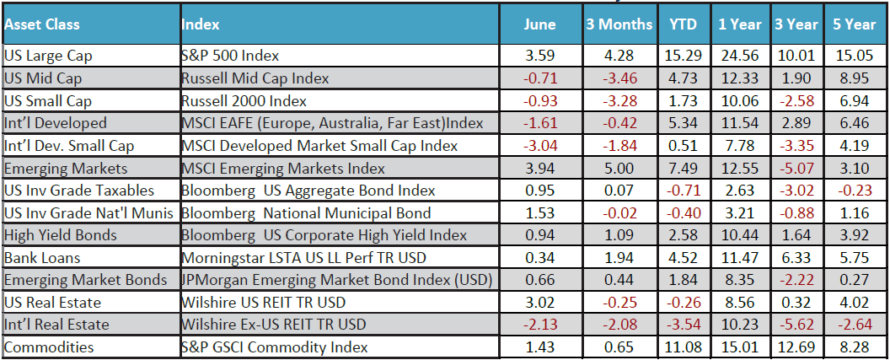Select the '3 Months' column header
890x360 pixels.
pos(619,24)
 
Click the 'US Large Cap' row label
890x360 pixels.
pos(48,56)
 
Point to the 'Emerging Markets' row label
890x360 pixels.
pos(59,169)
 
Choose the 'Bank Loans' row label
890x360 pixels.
pos(39,257)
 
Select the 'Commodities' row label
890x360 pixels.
pos(49,347)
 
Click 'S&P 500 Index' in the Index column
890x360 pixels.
pos(230,56)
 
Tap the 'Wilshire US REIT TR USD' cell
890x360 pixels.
pos(262,302)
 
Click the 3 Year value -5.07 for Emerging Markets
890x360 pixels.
pos(796,169)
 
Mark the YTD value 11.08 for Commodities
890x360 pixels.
pos(683,347)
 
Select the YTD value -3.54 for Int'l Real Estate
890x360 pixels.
pos(681,325)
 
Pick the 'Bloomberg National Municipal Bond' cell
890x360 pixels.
pos(306,212)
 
